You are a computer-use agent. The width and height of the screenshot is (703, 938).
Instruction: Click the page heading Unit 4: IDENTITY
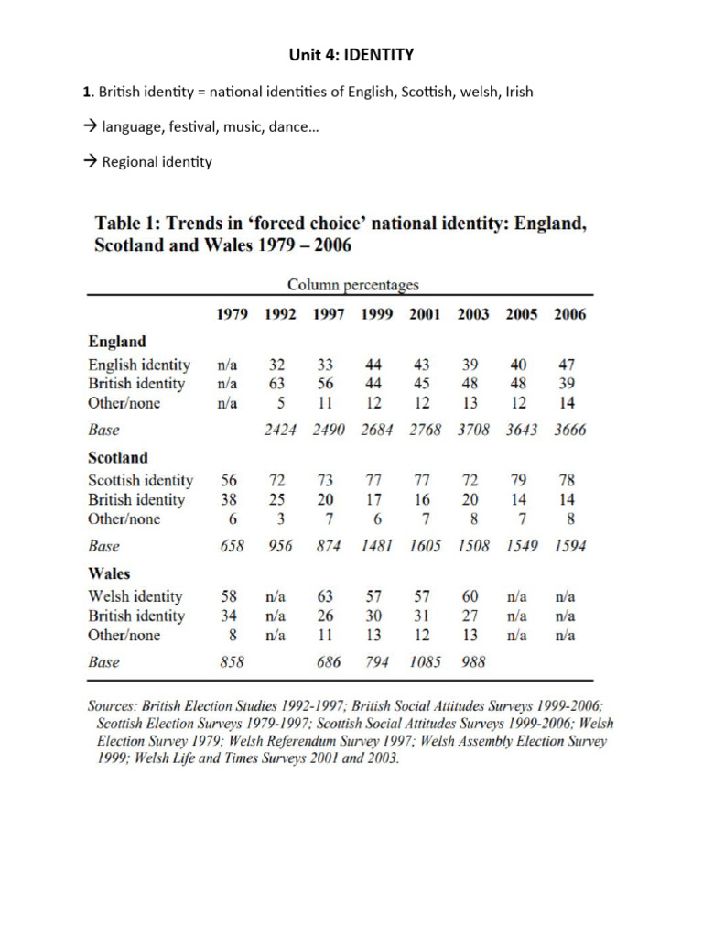351,55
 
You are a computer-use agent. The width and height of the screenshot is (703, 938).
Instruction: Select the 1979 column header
233,314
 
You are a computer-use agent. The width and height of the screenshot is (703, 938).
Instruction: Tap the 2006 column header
569,314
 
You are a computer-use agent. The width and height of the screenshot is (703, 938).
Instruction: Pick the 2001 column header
424,314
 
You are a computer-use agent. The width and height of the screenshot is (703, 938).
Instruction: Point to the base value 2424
281,430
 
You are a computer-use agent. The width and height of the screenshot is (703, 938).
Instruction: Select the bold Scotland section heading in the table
118,457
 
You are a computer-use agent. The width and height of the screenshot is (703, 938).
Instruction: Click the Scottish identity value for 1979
229,480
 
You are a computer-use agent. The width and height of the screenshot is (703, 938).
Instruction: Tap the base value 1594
569,546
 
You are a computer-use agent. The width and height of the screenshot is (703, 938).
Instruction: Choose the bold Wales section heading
109,573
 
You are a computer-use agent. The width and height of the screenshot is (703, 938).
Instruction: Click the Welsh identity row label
135,596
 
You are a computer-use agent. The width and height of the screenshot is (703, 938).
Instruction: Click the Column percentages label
354,286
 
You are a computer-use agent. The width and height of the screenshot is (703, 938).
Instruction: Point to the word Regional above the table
130,162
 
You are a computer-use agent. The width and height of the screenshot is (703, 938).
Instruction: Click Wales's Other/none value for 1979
233,635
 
